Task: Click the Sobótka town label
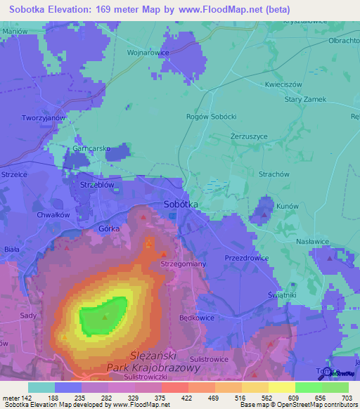[x=181, y=204]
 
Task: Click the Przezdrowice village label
[x=246, y=258]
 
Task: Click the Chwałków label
[x=51, y=215]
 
